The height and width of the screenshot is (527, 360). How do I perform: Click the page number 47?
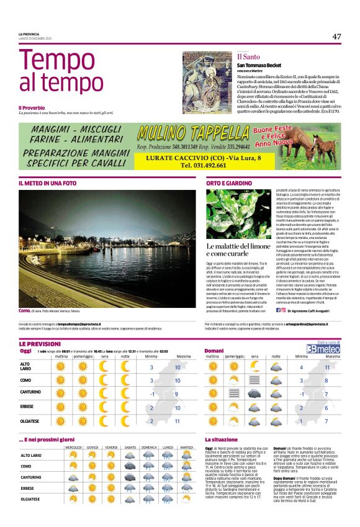pyautogui.click(x=336, y=36)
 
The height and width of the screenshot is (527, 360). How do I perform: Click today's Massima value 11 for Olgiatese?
pyautogui.click(x=178, y=421)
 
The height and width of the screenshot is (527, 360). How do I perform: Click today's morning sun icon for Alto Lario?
pyautogui.click(x=61, y=366)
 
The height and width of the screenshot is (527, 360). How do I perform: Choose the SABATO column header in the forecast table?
pyautogui.click(x=130, y=447)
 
